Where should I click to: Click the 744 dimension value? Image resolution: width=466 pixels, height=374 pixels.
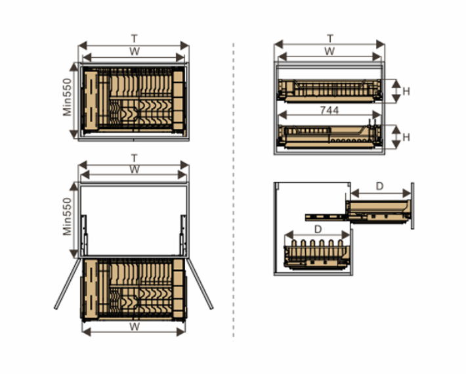329,110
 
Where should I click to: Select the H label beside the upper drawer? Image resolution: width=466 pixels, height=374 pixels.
406,91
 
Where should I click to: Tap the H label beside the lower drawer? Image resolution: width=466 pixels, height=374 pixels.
406,137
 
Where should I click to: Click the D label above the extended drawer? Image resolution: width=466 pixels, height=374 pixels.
379,186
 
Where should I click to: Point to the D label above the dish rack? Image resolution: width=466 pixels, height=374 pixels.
318,229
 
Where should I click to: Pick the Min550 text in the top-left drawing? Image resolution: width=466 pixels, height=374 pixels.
67,97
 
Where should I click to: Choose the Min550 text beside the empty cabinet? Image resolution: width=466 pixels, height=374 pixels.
67,216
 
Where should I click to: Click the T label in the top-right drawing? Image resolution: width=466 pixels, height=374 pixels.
330,39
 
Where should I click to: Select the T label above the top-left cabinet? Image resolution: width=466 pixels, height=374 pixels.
135,39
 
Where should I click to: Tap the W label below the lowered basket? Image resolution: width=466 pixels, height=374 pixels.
135,327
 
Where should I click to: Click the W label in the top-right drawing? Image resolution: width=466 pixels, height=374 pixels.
329,51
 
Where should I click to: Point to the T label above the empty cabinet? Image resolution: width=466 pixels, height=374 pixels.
135,158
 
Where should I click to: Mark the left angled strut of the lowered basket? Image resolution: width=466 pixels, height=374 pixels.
68,283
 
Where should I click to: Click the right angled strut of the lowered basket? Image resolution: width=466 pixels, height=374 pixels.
200,283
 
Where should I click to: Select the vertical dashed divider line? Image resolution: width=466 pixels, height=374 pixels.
234,191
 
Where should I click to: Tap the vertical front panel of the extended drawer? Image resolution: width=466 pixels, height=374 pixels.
412,206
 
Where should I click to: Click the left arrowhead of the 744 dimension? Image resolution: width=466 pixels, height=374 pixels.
282,114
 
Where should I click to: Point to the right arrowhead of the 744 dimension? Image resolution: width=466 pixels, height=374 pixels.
377,114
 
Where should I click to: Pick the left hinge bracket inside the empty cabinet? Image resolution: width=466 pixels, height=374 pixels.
84,235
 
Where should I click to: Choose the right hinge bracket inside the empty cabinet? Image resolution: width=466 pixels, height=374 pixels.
183,235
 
